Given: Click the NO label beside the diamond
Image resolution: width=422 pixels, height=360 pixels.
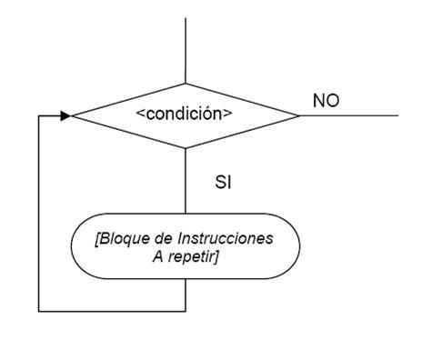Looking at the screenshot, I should coord(327,101).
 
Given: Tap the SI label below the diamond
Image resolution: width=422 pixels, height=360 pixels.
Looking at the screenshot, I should coord(223,183).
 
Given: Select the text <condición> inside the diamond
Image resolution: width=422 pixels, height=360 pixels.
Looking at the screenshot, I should coord(184,116).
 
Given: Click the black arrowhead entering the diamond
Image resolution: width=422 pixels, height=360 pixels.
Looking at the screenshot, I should coord(65,116).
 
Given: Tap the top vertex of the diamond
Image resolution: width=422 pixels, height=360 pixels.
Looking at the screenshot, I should coord(186,84).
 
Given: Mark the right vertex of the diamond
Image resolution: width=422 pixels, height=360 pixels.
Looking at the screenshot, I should coord(299,116).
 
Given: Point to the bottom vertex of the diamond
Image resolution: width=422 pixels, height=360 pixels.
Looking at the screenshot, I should coord(186,148).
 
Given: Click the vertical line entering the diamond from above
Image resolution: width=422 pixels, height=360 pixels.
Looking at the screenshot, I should coord(186,50).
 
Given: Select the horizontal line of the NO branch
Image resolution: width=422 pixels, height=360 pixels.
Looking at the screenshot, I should coord(350,116).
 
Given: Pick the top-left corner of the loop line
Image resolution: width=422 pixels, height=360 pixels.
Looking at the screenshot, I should coord(38,116).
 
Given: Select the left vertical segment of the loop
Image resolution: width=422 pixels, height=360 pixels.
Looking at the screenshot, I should coord(38,214).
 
